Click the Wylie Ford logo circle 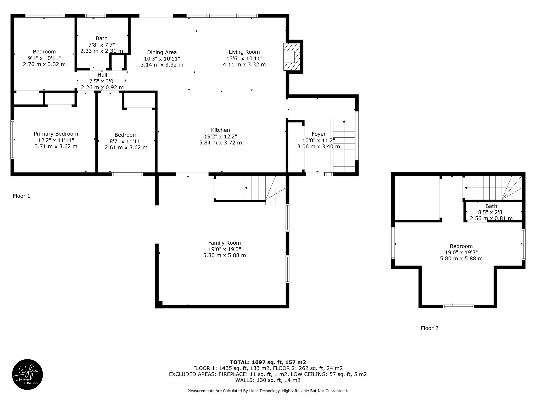pos(27,375)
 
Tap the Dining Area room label pos(162,52)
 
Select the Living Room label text pos(244,52)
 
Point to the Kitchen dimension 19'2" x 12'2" pos(221,136)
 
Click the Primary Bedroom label pos(56,134)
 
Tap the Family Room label pos(225,243)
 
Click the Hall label pos(102,75)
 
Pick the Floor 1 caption pos(21,196)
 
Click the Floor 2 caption pos(429,328)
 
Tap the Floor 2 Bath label pos(491,206)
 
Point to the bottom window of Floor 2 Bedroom pos(458,306)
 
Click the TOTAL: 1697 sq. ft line pos(268,362)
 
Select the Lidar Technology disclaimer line pos(268,391)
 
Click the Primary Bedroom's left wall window pos(12,139)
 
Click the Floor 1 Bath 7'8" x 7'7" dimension pos(102,45)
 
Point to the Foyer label pos(319,134)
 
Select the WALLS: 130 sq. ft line pos(268,380)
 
